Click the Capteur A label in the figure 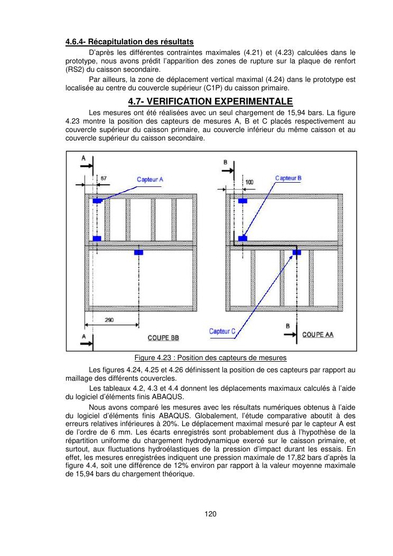click(151, 180)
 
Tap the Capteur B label click(288, 178)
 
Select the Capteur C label click(222, 331)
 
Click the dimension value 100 click(249, 182)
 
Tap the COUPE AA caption click(317, 335)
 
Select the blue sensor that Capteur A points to click(97, 201)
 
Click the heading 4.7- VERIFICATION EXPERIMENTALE click(210, 101)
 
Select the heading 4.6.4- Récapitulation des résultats click(129, 42)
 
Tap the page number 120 click(210, 514)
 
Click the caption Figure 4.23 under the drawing click(210, 358)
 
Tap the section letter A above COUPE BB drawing click(83, 158)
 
